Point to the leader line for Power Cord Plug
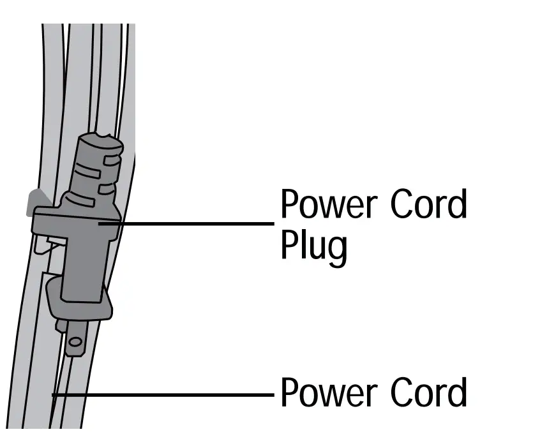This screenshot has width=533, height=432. [191, 223]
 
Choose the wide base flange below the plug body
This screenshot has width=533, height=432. [80, 297]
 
